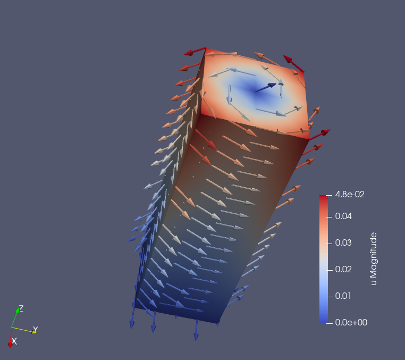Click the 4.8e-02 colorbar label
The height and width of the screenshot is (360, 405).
350,194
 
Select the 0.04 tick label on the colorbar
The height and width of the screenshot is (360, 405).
343,216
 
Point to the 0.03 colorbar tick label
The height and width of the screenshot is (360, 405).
343,242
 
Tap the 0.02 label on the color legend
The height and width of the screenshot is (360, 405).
343,269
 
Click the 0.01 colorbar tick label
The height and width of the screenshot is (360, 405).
343,296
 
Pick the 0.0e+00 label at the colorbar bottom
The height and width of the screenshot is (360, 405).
351,322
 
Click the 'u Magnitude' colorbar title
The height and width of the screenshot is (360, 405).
374,258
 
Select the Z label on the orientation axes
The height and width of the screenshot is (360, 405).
21,308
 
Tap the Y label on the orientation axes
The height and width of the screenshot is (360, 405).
36,330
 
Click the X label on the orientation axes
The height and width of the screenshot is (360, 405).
14,341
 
